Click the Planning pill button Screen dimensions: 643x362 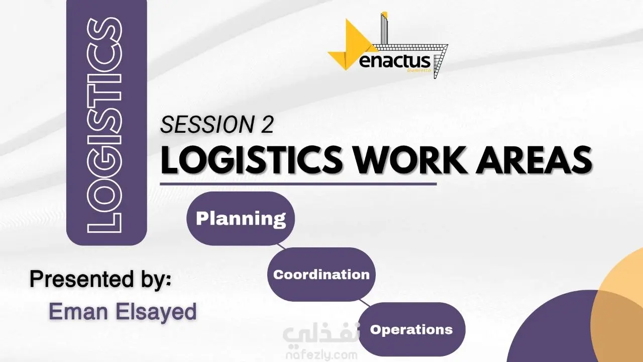[x=241, y=218]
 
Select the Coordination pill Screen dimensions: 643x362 [x=321, y=275]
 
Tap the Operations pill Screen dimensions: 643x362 [x=411, y=329]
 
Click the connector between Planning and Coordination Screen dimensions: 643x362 [x=281, y=246]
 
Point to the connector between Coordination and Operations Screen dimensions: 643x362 [x=365, y=303]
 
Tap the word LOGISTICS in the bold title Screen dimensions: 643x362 [x=252, y=160]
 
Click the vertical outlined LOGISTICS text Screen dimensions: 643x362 [x=105, y=125]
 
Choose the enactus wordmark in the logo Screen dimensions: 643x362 [x=395, y=61]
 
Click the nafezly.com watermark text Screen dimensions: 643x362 [x=321, y=355]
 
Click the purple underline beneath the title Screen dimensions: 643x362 [x=298, y=184]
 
